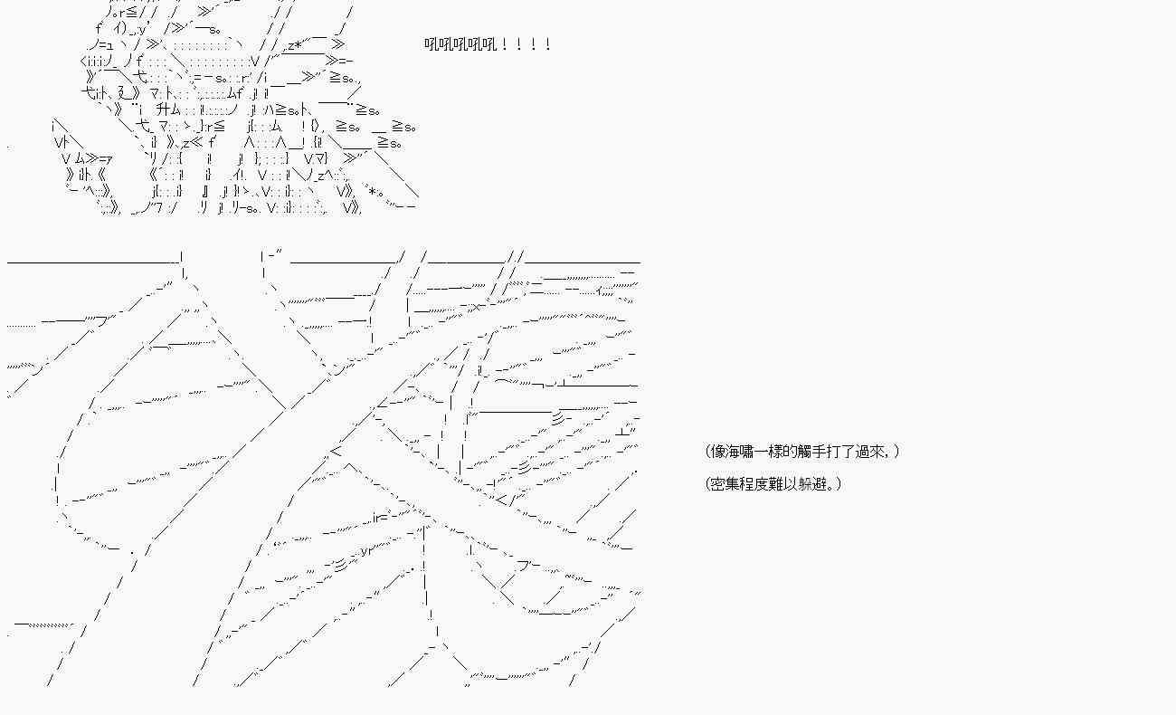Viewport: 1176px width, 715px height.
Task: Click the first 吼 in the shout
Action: (x=432, y=44)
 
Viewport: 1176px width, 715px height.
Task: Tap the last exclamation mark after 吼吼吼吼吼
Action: (x=547, y=44)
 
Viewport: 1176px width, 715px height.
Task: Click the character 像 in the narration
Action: (x=718, y=452)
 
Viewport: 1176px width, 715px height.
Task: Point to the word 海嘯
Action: (x=741, y=452)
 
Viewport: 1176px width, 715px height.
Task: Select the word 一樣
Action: (x=771, y=452)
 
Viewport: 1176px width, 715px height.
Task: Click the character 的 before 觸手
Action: (x=792, y=452)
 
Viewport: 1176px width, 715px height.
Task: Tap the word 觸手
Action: (x=814, y=452)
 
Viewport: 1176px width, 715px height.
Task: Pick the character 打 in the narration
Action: (x=836, y=452)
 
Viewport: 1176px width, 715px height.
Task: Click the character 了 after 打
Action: (x=850, y=452)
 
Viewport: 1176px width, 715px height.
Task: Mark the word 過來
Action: (x=872, y=452)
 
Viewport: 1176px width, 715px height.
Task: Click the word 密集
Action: (x=726, y=484)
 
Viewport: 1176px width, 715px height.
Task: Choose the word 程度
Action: (x=755, y=484)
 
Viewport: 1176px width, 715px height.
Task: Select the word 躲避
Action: (x=813, y=484)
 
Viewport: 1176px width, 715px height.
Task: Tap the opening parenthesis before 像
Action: (x=707, y=452)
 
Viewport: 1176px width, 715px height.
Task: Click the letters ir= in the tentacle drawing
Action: (x=381, y=518)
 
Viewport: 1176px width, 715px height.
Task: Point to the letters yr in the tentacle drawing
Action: (x=366, y=550)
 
